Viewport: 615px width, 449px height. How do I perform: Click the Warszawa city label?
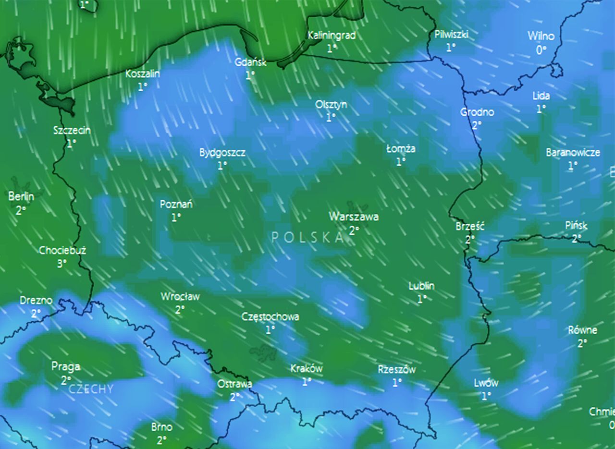tap(354, 217)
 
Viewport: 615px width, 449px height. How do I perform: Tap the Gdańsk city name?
tap(250, 62)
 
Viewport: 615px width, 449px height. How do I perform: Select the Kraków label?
tap(307, 369)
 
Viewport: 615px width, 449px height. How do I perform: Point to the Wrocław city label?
tap(180, 297)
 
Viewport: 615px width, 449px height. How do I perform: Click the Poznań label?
tap(176, 204)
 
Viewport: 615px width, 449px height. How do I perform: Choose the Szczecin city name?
tap(72, 130)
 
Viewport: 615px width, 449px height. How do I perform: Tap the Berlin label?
tap(21, 196)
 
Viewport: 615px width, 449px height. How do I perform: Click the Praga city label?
tap(66, 367)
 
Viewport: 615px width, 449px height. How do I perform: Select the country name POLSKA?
tap(308, 237)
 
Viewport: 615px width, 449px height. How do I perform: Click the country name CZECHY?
tap(91, 389)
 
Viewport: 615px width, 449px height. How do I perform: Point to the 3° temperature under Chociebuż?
tap(62, 263)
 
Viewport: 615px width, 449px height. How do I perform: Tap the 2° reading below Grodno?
tap(476, 125)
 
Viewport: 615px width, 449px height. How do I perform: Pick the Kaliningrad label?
tap(332, 35)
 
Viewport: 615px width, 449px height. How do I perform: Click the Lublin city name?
tap(421, 286)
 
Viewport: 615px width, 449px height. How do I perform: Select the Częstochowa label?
tap(270, 316)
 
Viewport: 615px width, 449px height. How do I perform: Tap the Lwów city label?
tap(486, 383)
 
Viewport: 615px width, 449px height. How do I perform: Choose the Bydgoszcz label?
tap(222, 153)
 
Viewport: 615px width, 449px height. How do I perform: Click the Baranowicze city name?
tap(573, 153)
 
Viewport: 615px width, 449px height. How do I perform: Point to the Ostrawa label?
tap(234, 384)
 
